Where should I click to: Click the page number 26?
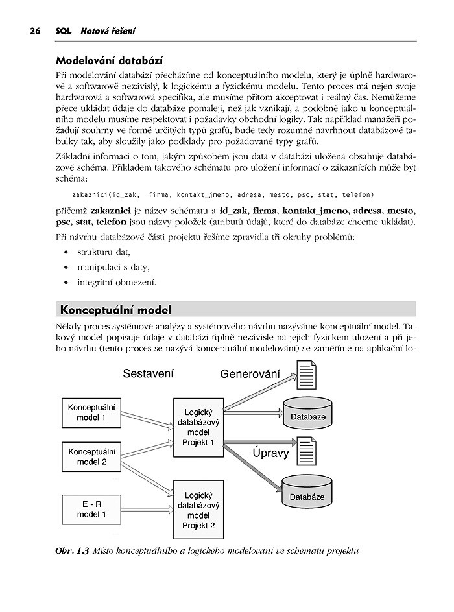tap(30, 31)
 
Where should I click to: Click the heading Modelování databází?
tap(110, 62)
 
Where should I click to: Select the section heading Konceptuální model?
tap(115, 310)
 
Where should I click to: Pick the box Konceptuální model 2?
tap(91, 456)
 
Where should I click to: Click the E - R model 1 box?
tap(91, 509)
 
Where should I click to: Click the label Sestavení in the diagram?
tap(149, 374)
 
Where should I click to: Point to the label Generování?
tap(250, 374)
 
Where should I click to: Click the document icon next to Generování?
tap(305, 377)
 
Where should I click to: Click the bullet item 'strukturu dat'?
tap(104, 252)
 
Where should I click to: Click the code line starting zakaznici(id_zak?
tap(222, 194)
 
